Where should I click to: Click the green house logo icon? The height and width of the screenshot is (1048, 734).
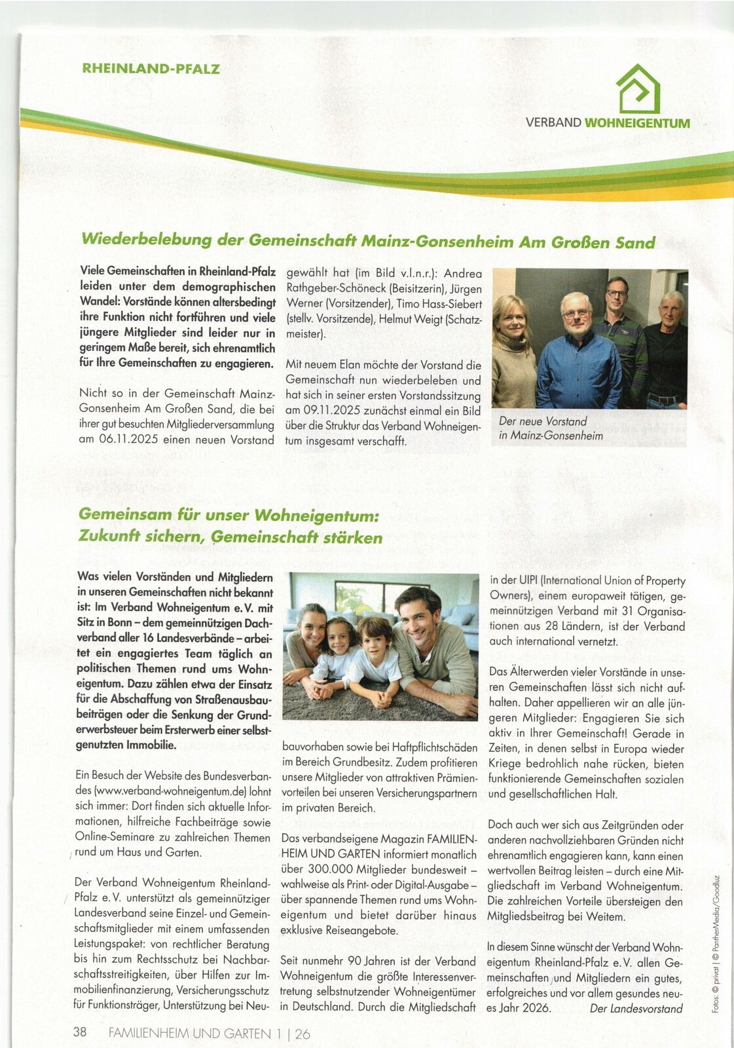(x=638, y=89)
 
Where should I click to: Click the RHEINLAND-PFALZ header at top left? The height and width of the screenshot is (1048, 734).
(x=151, y=69)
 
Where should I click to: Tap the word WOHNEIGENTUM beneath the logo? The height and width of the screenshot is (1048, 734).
(x=636, y=122)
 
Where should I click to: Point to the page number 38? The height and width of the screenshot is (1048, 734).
(x=80, y=1032)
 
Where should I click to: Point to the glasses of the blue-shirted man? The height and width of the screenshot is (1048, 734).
(x=576, y=314)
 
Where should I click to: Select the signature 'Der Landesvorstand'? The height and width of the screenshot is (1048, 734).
(x=636, y=1009)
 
